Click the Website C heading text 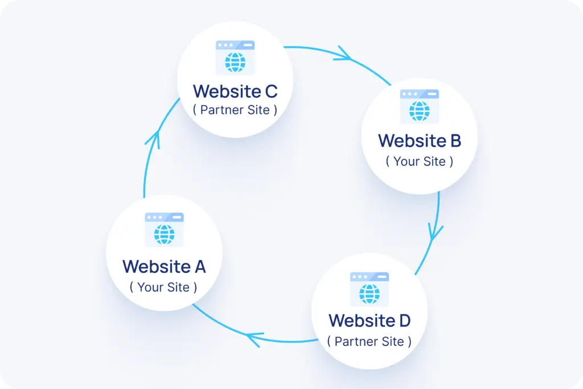[235, 91]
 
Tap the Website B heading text [420, 140]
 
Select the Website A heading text [164, 266]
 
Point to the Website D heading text [369, 321]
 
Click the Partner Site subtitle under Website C [235, 110]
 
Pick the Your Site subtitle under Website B [420, 161]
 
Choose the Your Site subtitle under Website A [163, 287]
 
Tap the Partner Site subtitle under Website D [369, 342]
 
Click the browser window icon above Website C [235, 58]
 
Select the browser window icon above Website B [420, 107]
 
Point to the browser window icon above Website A [164, 230]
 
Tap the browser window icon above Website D [369, 289]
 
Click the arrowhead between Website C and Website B [343, 55]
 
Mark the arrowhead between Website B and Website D [436, 231]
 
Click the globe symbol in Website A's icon [164, 234]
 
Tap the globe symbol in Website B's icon [420, 111]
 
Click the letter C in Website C [270, 91]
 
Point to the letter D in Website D [403, 321]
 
